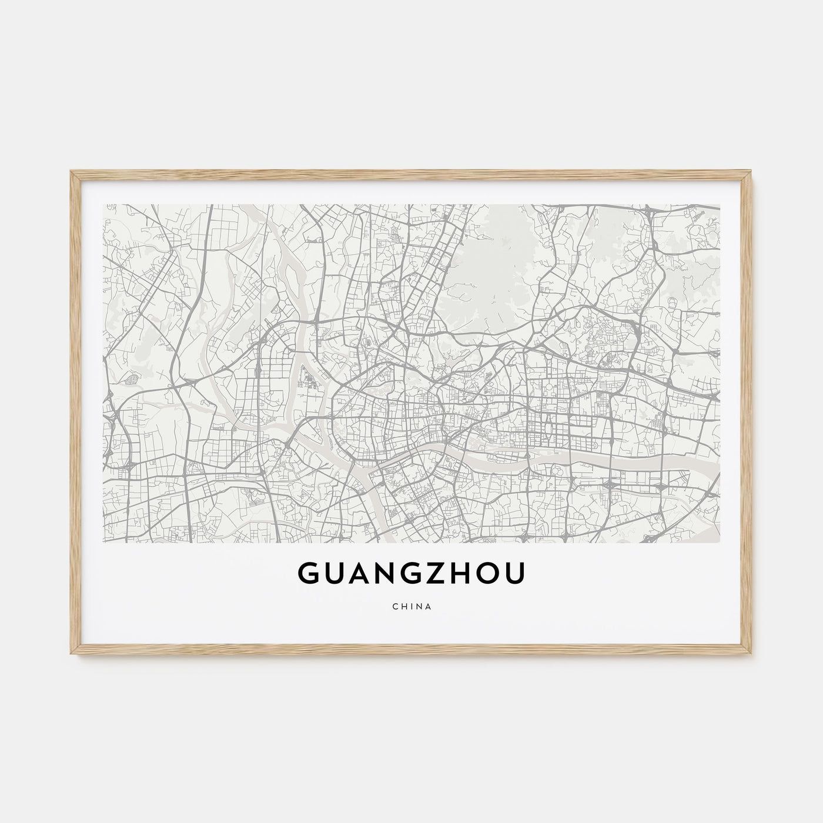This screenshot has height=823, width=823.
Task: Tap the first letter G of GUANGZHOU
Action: pos(311,575)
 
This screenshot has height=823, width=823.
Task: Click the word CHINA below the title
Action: pos(411,607)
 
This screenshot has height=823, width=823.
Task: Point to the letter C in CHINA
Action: pos(393,607)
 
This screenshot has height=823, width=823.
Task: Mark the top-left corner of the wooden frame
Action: pos(71,170)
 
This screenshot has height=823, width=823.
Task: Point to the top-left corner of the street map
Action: pos(103,205)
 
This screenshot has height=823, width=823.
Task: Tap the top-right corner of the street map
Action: pos(720,205)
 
